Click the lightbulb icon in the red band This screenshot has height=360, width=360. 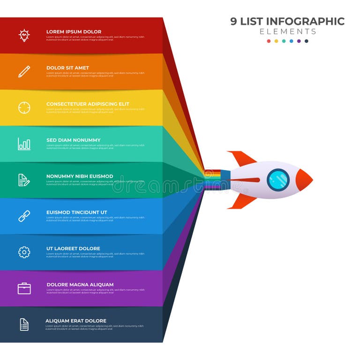tap(24, 35)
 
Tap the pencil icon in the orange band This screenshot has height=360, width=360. tap(24, 71)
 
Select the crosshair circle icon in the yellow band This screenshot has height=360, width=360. tap(24, 107)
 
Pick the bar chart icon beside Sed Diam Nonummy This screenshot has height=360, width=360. tap(24, 143)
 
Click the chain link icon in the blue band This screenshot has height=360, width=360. tap(24, 216)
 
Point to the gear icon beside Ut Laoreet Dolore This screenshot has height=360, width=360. tap(24, 252)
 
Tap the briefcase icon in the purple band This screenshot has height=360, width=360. tap(24, 288)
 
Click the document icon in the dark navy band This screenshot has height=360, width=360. tap(24, 324)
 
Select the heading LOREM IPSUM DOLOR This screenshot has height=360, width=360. tap(74, 32)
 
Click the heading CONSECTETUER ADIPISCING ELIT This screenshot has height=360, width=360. tap(88, 104)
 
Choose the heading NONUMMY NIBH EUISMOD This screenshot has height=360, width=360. tap(80, 176)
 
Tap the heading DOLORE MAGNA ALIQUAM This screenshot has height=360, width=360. tap(80, 285)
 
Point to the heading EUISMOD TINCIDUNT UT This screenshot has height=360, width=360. tap(76, 212)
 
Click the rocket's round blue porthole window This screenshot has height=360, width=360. tap(278, 180)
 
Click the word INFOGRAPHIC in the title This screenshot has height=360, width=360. tap(305, 22)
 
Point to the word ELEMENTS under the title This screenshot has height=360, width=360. tap(288, 32)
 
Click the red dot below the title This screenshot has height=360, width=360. tap(269, 41)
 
